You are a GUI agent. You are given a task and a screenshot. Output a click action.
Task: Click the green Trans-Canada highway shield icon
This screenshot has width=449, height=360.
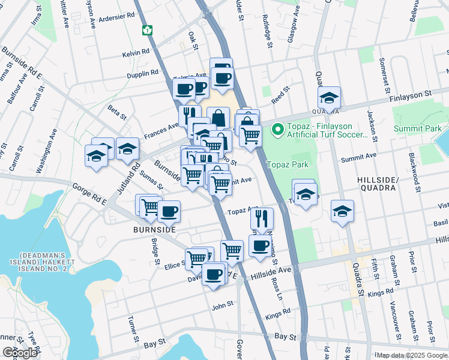[146, 29]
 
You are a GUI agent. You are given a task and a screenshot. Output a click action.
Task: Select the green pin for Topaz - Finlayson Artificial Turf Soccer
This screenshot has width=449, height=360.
[277, 129]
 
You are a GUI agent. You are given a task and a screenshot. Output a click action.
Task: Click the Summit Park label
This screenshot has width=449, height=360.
[418, 128]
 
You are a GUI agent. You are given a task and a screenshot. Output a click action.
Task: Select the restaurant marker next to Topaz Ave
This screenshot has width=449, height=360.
[262, 217]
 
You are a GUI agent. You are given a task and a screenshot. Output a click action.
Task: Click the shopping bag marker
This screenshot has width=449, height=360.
[218, 117]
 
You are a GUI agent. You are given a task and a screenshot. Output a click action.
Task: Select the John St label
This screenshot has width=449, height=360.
[222, 306]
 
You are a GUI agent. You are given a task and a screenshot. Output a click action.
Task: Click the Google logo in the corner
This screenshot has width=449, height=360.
[20, 353]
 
